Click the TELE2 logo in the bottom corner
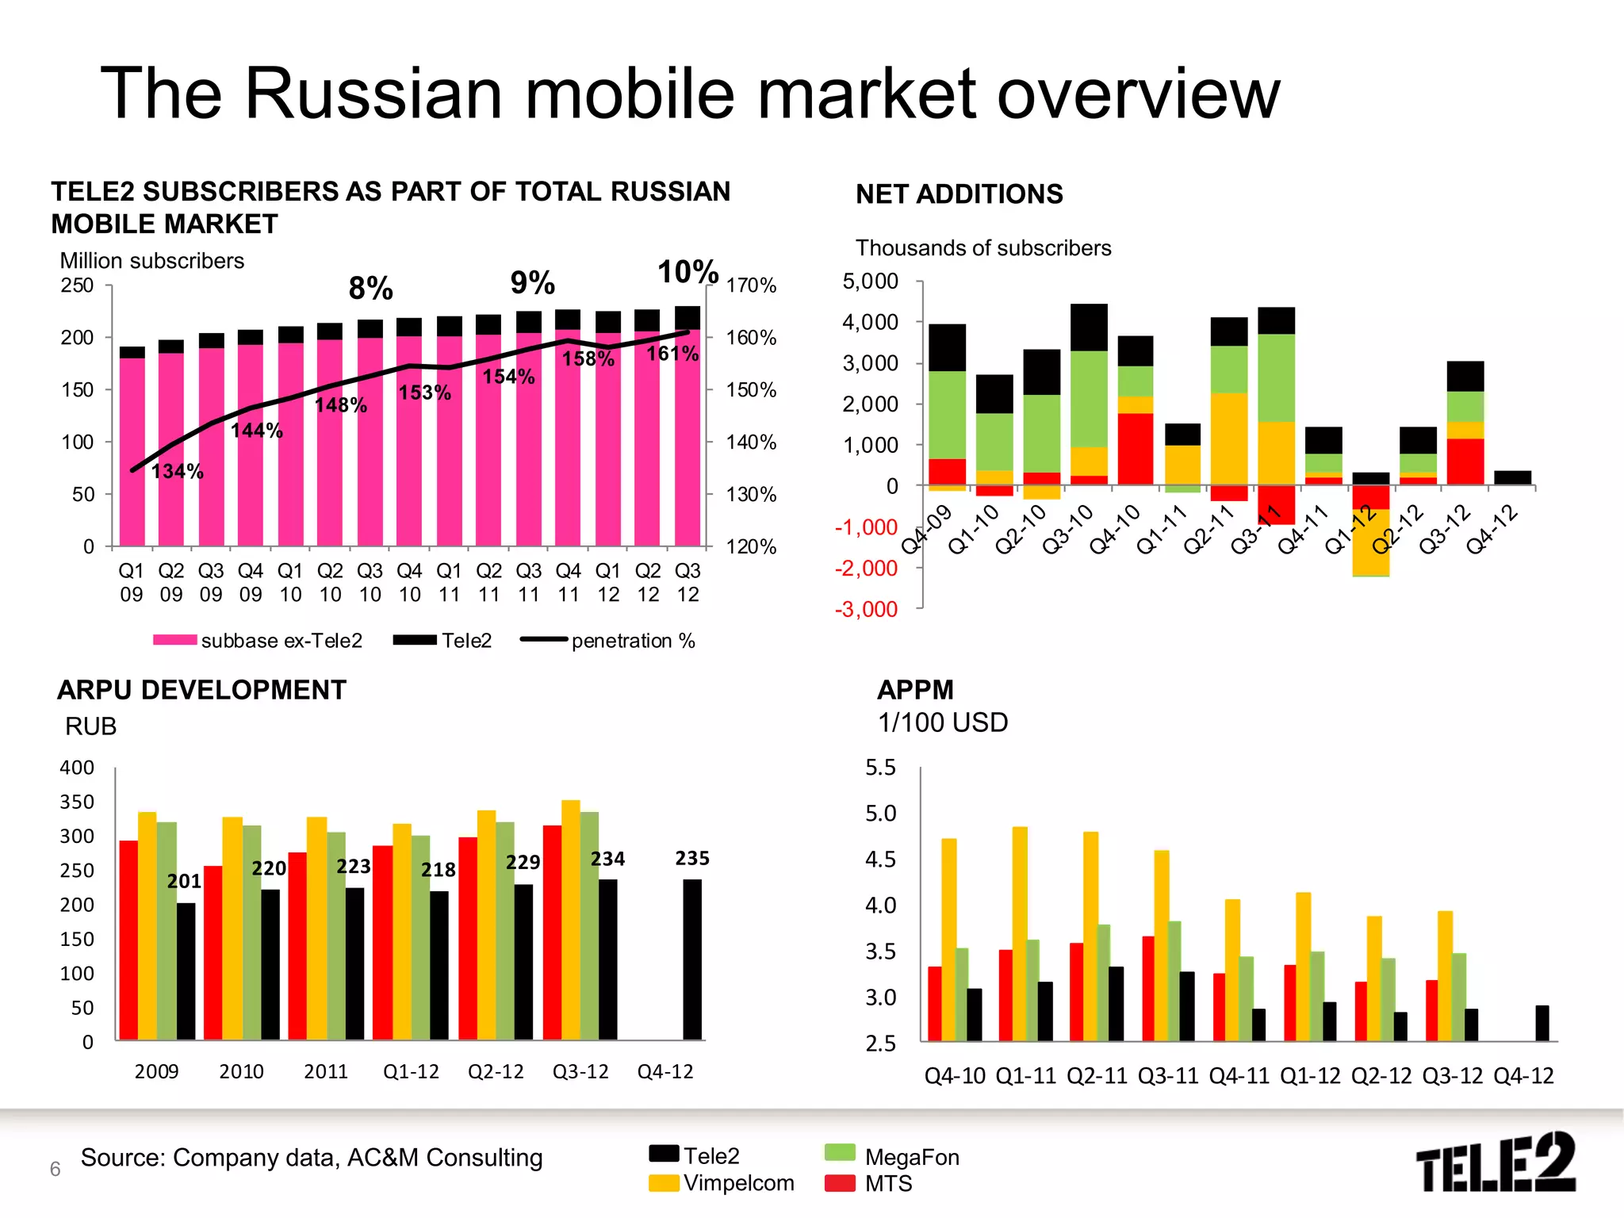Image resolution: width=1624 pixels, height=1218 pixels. click(1496, 1162)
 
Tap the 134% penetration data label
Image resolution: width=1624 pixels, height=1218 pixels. click(178, 472)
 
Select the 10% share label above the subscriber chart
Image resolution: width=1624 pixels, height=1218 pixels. click(688, 272)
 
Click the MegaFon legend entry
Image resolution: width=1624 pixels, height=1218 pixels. click(892, 1157)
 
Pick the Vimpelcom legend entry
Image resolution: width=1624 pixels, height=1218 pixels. click(722, 1183)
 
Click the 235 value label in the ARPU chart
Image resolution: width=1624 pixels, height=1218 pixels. click(692, 858)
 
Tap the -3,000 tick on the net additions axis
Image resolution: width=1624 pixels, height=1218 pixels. click(867, 609)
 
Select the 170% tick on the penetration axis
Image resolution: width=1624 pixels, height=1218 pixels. click(751, 285)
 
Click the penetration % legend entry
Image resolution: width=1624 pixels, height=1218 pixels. click(608, 641)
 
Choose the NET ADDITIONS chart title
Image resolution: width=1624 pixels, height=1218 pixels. click(959, 194)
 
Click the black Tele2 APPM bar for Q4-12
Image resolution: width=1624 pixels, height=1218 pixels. click(1542, 1023)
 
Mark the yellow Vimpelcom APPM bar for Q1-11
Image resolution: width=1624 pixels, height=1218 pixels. click(1020, 933)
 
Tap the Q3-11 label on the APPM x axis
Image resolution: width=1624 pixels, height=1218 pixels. click(1167, 1076)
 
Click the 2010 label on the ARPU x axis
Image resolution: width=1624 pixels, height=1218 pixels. click(241, 1072)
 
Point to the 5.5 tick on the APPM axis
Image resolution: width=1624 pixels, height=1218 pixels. click(880, 768)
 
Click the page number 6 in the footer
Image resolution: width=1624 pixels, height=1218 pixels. click(56, 1169)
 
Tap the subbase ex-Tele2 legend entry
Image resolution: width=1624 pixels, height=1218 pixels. click(259, 641)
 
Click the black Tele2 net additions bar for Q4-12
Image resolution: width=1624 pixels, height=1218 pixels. click(1512, 477)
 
